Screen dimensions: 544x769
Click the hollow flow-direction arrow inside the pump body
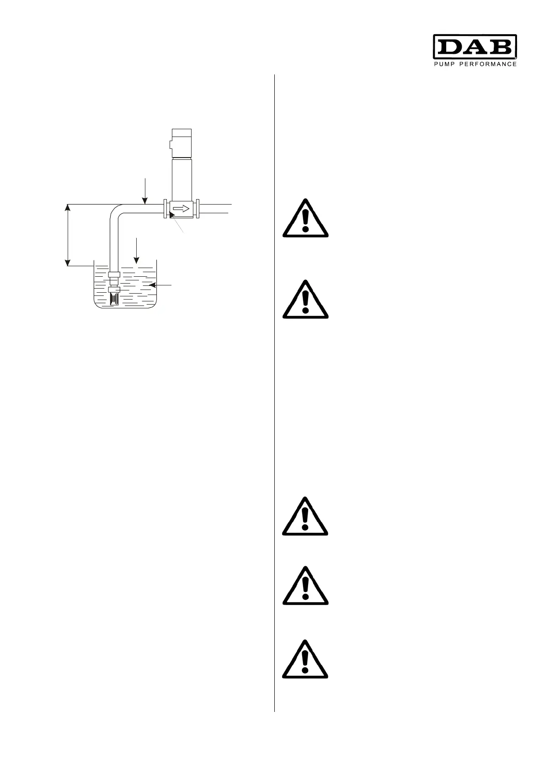181,209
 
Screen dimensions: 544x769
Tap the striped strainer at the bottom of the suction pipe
114,299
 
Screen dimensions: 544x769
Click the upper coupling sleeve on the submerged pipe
114,274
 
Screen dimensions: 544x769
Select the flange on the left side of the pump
165,209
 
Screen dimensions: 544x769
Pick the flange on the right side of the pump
197,209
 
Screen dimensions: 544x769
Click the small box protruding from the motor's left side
170,145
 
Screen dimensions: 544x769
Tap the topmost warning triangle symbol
305,219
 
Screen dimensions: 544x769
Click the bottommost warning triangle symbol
305,659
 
